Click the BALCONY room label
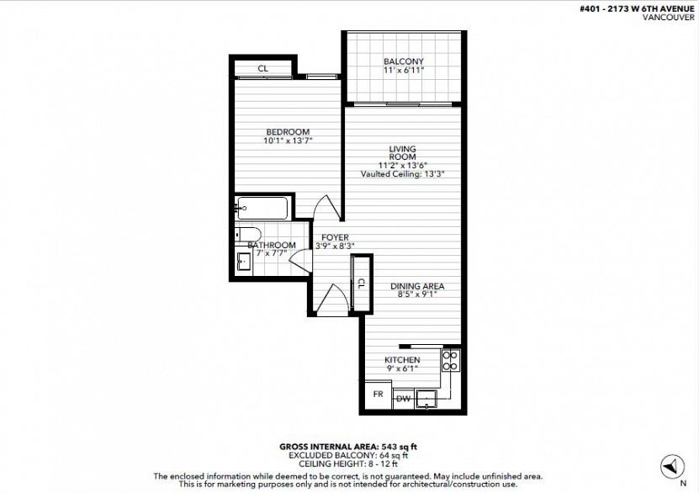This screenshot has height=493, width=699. (404, 61)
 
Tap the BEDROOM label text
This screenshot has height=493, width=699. (288, 132)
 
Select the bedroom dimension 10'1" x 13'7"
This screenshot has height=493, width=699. (288, 140)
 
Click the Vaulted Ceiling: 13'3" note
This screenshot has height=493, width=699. (403, 174)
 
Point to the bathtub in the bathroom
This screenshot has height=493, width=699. (262, 208)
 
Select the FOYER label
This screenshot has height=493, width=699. (335, 237)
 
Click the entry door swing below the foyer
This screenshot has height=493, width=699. (331, 300)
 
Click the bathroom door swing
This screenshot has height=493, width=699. (300, 261)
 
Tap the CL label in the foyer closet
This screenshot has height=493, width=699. (362, 283)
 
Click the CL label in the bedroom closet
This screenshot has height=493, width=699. (263, 69)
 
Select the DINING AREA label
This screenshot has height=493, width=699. (417, 286)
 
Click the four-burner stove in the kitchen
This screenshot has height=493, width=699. (450, 361)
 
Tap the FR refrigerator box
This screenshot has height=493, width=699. (378, 395)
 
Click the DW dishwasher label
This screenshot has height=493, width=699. (403, 399)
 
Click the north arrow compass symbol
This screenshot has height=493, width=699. (672, 466)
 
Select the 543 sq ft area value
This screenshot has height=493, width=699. (399, 447)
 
